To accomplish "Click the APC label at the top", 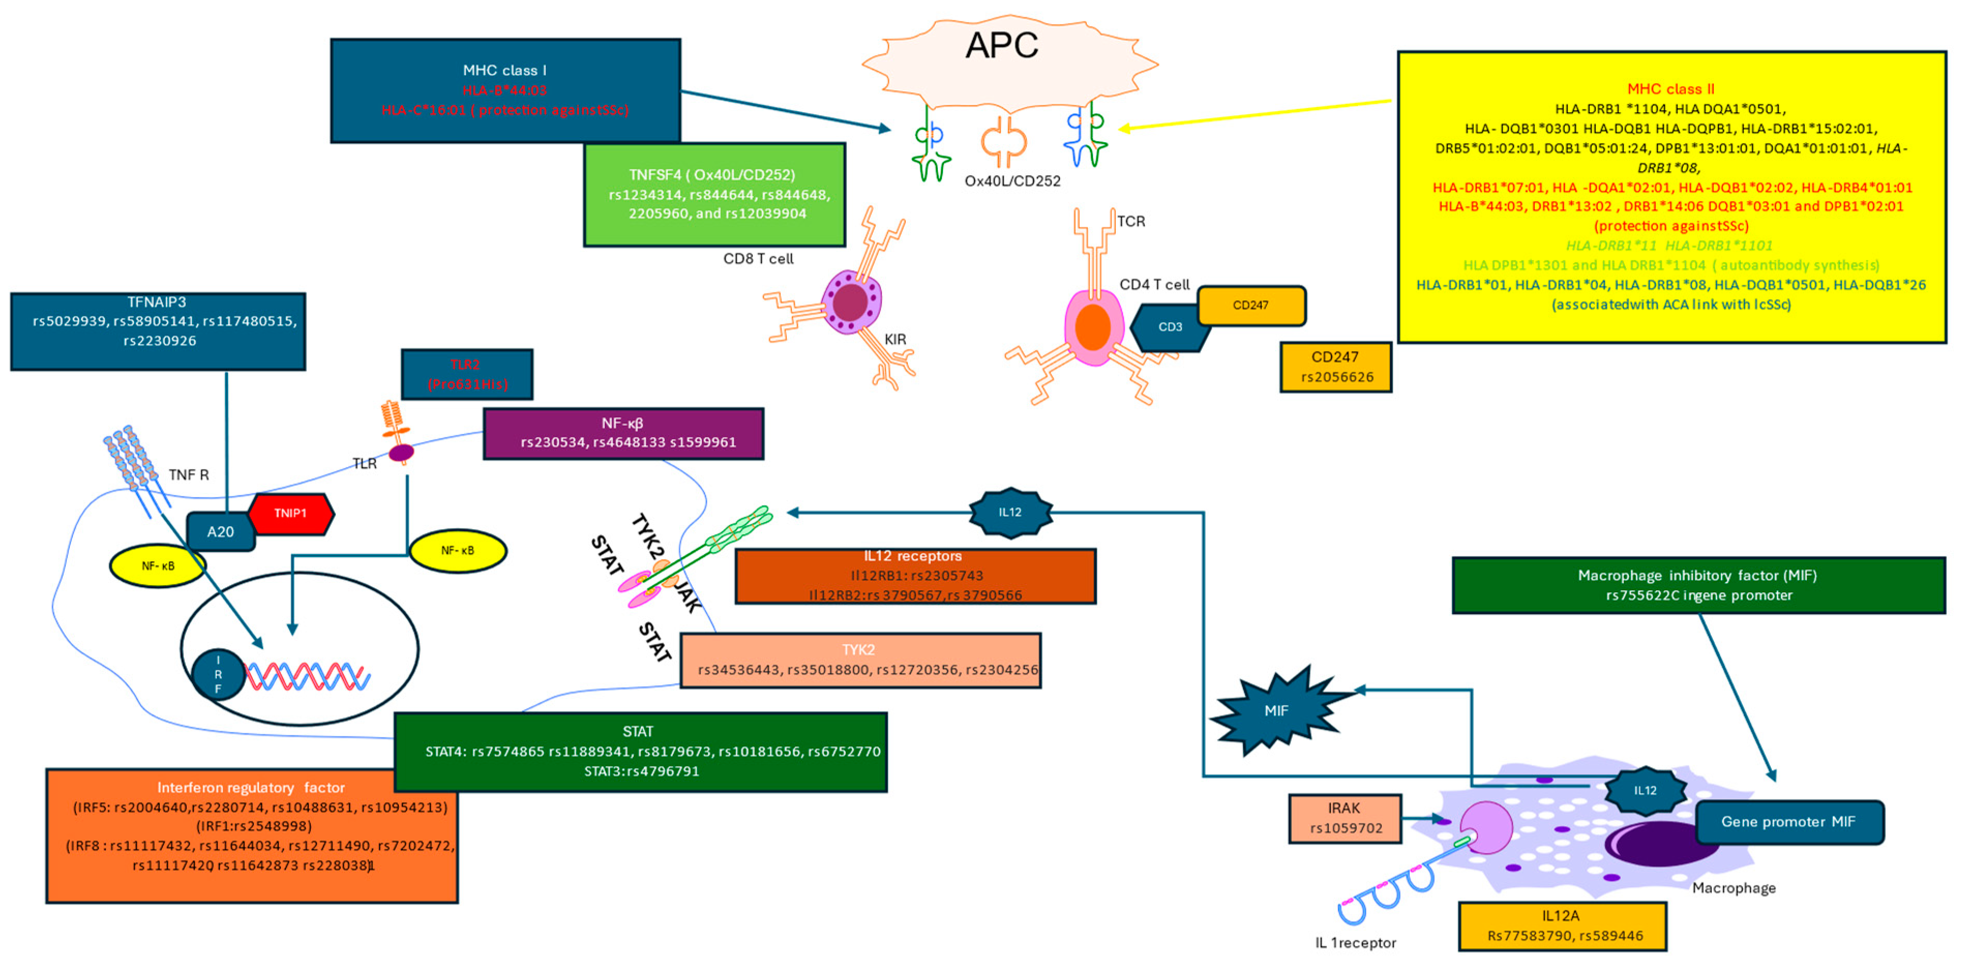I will pyautogui.click(x=1002, y=46).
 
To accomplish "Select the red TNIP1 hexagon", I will pyautogui.click(x=291, y=513).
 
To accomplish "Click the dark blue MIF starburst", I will pyautogui.click(x=1275, y=711).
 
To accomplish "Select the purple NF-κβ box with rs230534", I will pyautogui.click(x=623, y=433).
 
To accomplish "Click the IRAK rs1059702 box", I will pyautogui.click(x=1345, y=818).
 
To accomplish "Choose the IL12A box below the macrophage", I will pyautogui.click(x=1562, y=926).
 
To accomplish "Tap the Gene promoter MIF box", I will pyautogui.click(x=1788, y=822).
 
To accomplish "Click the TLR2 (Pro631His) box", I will pyautogui.click(x=467, y=374).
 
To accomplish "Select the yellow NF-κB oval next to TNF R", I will pyautogui.click(x=158, y=566).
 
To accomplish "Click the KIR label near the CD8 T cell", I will pyautogui.click(x=895, y=339).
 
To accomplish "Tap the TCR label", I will pyautogui.click(x=1131, y=222).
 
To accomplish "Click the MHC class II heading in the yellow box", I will pyautogui.click(x=1670, y=89).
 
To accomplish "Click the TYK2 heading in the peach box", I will pyautogui.click(x=858, y=650).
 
